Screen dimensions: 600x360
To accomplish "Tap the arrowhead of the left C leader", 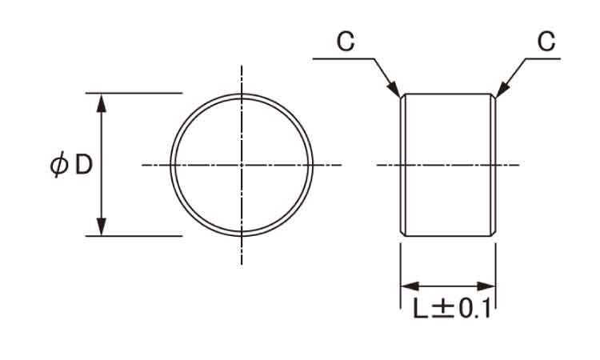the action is point(394,89).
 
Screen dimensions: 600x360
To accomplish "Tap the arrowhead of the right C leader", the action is point(502,89).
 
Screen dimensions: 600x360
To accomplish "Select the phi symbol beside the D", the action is point(59,165).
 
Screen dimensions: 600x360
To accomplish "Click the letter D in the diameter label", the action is point(83,166).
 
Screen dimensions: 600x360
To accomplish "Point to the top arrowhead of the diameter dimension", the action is point(101,102).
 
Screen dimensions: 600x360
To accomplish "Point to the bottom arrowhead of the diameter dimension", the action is point(101,226).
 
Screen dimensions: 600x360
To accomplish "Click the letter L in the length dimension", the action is point(420,309).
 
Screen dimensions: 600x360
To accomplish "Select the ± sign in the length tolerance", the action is point(442,309).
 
